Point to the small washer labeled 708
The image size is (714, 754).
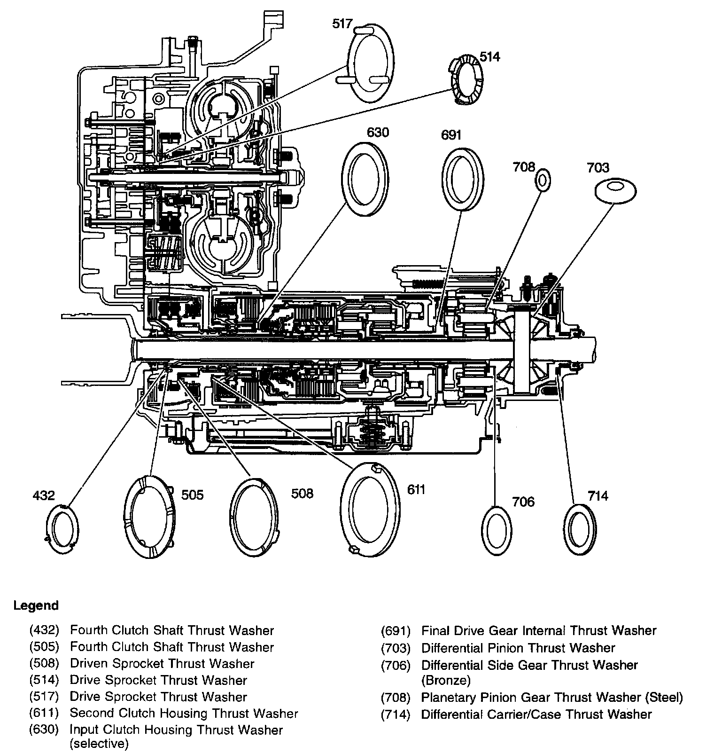543,181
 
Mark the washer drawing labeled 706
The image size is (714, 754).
497,531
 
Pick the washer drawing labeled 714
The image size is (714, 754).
579,530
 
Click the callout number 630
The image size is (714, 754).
378,133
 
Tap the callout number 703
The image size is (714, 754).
598,167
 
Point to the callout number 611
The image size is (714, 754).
416,489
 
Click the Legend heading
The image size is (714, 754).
36,605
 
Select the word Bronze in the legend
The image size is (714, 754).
446,680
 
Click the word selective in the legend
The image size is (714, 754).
99,744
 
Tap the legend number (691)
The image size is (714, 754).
396,630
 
